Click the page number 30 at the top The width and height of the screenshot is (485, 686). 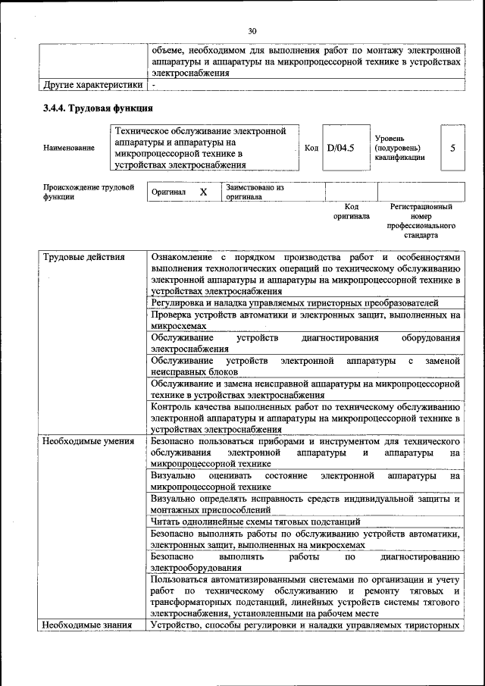coord(252,30)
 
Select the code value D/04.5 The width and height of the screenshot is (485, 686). coord(341,148)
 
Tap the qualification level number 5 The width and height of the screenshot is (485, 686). coord(452,148)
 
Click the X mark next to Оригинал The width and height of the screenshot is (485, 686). coord(203,193)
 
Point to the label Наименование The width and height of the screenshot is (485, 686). coord(69,148)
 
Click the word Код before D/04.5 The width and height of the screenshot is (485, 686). coord(311,148)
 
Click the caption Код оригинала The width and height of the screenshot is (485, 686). coord(352,211)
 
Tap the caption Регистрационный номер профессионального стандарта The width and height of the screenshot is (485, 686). coord(421,221)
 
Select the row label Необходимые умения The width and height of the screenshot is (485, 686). coord(89,440)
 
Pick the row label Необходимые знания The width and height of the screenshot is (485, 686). coord(87,625)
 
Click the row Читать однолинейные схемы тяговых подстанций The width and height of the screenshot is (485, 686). coord(255,522)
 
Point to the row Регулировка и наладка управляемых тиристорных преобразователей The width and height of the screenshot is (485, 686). coord(295,302)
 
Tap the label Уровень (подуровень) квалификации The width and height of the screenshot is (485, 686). coord(399,148)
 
